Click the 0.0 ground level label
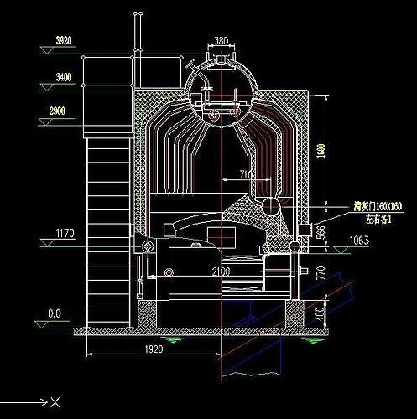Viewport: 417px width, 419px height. click(55, 313)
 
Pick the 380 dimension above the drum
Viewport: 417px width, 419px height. click(222, 40)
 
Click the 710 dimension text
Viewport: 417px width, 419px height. click(246, 174)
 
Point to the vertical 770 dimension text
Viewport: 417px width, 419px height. click(321, 272)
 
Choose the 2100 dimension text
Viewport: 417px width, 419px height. click(221, 272)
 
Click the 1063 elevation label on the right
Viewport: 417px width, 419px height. click(358, 241)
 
